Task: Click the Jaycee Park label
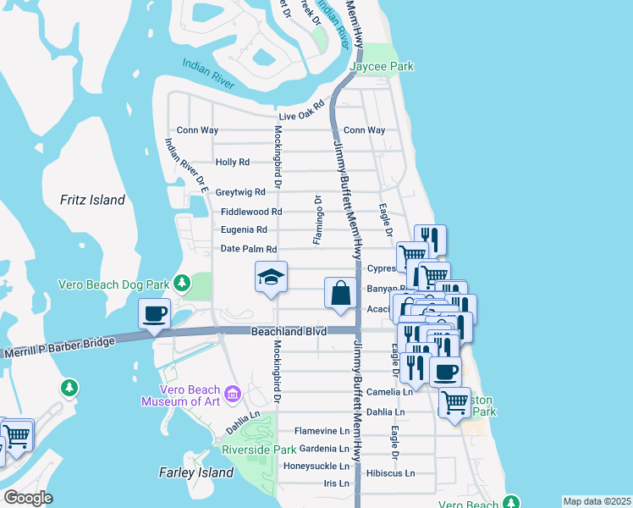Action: (383, 66)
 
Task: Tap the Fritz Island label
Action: (93, 201)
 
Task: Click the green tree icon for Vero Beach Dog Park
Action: (180, 282)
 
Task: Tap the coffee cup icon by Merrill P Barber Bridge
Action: (155, 314)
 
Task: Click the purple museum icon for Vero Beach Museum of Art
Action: (233, 395)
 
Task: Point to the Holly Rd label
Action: (233, 162)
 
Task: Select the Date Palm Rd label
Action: (249, 249)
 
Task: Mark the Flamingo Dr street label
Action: (318, 220)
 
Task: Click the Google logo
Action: (27, 498)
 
